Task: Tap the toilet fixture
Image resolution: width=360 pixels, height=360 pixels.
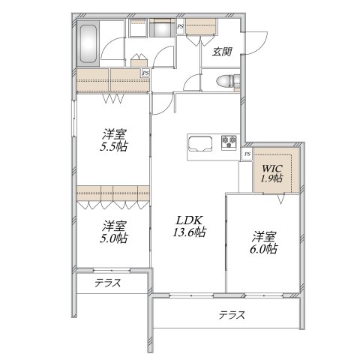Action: point(223,81)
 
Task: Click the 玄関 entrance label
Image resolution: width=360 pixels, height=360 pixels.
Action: point(220,52)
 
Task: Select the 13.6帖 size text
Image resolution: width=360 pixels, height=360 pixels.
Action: point(190,234)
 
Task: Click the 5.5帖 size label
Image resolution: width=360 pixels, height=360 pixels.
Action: point(114,147)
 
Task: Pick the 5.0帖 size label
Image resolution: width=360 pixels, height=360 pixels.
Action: point(114,238)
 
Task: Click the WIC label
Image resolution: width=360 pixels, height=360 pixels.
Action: point(271,167)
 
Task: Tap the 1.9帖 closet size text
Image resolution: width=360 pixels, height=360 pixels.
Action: point(271,178)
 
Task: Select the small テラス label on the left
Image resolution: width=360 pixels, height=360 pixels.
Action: point(109,283)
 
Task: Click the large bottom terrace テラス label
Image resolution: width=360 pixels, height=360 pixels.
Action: point(232,315)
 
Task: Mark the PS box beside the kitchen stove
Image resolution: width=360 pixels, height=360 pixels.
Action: point(247,154)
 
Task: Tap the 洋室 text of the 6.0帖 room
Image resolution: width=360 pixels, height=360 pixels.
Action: point(264,235)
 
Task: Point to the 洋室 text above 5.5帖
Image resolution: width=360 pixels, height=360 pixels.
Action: point(114,134)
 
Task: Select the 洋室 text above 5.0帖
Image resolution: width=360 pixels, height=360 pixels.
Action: point(114,225)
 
